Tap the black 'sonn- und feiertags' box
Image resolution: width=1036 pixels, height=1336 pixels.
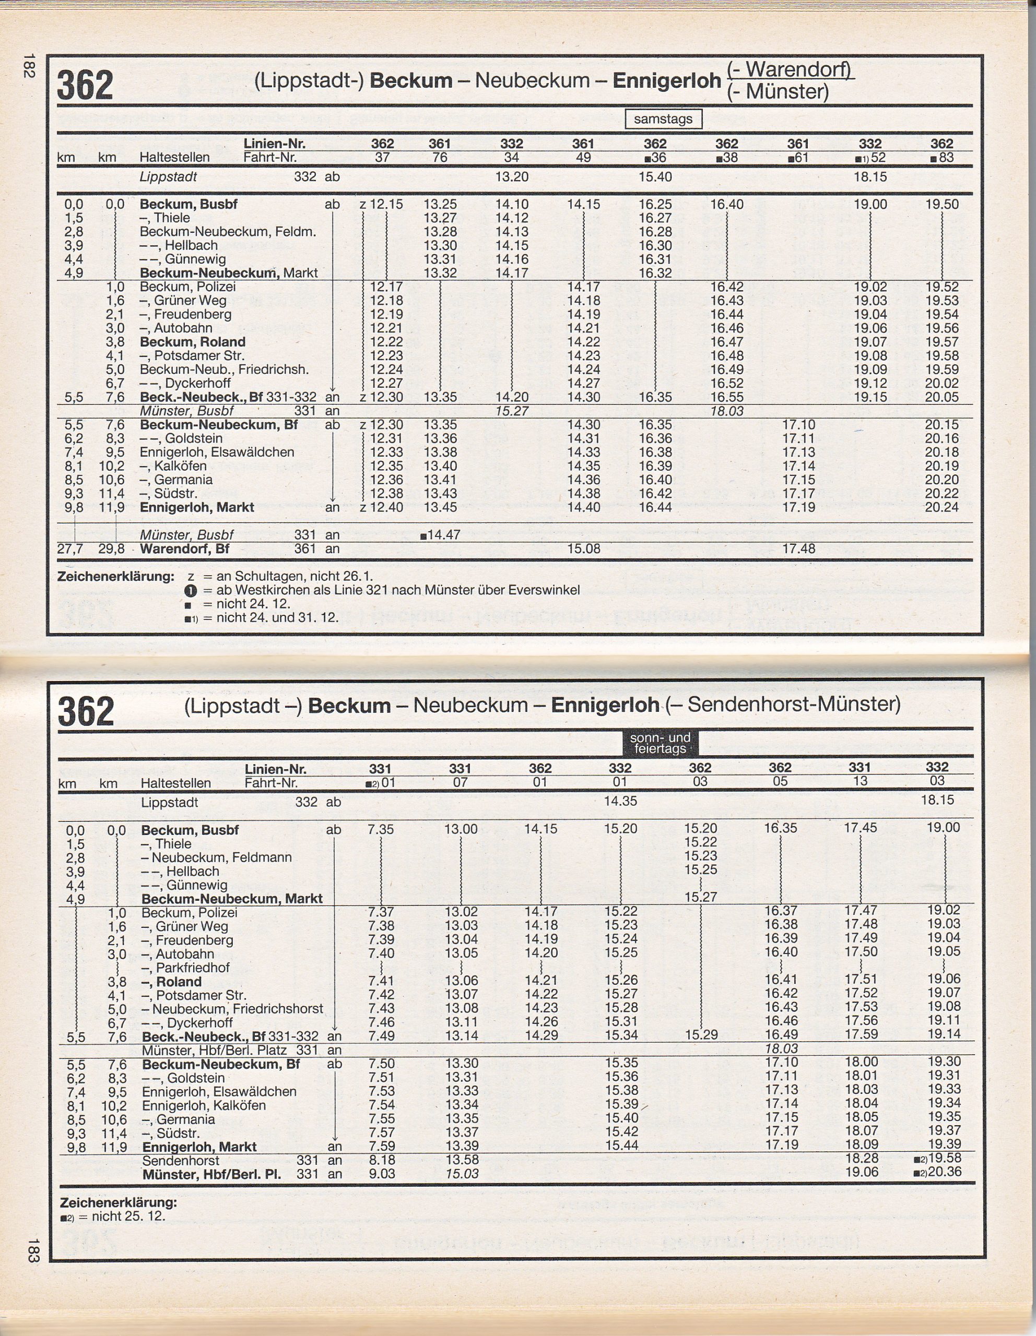click(660, 743)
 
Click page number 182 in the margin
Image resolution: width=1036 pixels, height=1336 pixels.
click(28, 66)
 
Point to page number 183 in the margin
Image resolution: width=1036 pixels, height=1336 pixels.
click(33, 1250)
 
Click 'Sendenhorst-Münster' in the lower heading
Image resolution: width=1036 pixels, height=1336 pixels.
click(794, 705)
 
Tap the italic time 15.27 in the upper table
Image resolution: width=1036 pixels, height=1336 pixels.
click(512, 411)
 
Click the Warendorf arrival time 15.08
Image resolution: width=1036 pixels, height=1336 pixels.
click(584, 548)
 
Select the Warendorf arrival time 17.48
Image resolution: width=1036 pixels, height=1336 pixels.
click(798, 548)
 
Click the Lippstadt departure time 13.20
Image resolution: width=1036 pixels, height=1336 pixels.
click(512, 177)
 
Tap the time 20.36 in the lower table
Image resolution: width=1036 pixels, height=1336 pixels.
click(944, 1172)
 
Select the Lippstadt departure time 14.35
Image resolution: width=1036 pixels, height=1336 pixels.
click(620, 802)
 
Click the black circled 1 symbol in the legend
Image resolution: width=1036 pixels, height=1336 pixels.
click(190, 591)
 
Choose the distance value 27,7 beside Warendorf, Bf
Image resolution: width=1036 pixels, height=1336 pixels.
click(70, 548)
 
